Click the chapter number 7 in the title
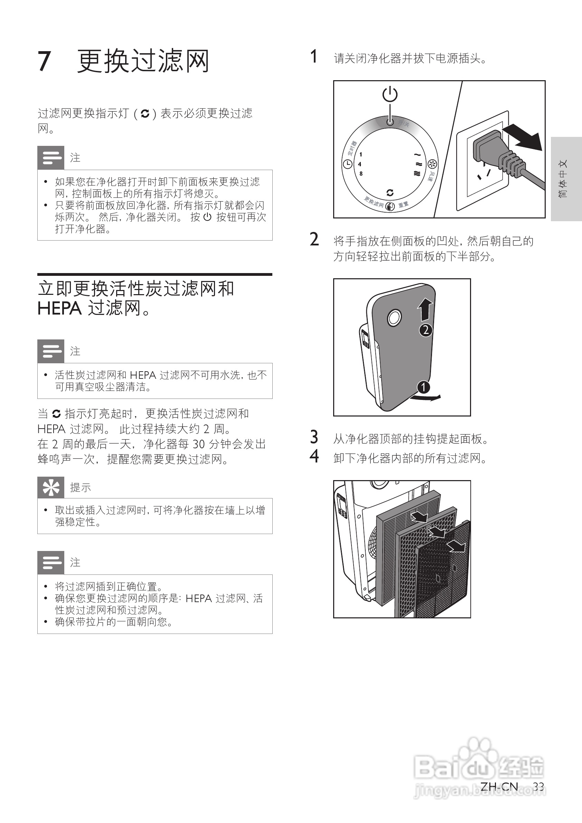45,61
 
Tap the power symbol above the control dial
390,94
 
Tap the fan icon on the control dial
433,164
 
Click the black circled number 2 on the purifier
426,330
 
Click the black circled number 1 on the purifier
423,387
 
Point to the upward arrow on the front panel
425,309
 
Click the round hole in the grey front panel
394,318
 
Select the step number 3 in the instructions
314,437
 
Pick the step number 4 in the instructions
314,456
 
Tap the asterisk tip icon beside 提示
51,487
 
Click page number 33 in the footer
538,787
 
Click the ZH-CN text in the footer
499,787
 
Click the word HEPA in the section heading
59,309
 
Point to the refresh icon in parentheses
145,114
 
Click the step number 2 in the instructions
314,240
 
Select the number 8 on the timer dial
361,174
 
